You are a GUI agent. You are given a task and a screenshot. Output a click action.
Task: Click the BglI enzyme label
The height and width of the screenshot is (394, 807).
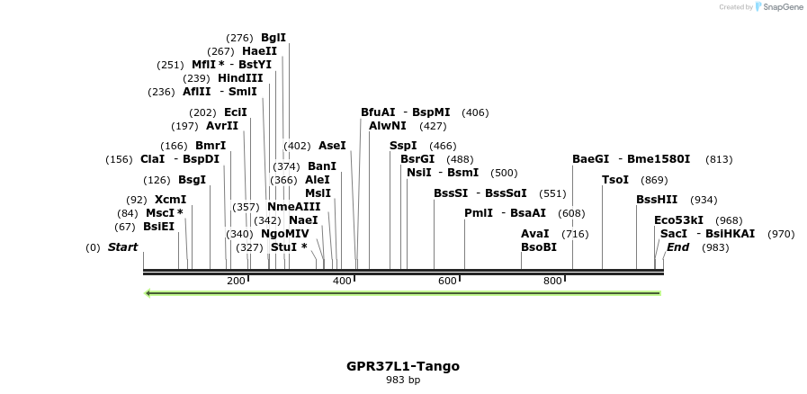click(x=273, y=38)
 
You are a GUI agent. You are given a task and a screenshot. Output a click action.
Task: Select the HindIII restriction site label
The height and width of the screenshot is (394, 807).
click(x=240, y=78)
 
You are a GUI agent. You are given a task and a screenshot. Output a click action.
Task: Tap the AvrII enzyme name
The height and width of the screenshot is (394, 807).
click(x=222, y=126)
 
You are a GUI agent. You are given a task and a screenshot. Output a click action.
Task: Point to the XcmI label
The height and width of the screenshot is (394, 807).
click(x=170, y=200)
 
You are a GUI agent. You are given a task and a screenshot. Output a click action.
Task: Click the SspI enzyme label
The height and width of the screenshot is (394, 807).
click(x=403, y=146)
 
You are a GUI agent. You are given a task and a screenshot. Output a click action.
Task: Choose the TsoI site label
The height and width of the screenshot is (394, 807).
click(x=615, y=180)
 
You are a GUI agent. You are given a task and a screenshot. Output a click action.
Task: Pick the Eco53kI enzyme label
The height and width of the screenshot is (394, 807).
click(x=679, y=220)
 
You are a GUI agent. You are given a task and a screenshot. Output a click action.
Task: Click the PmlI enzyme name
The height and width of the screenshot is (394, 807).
click(x=478, y=213)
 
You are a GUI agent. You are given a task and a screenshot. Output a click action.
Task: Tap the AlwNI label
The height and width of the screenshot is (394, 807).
click(x=388, y=126)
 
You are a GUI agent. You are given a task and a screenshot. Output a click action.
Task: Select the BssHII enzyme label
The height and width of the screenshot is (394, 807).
click(x=657, y=200)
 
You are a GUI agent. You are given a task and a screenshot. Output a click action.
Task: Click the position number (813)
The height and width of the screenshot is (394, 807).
click(x=719, y=159)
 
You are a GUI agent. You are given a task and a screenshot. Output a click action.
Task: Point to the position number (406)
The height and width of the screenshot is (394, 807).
click(x=475, y=112)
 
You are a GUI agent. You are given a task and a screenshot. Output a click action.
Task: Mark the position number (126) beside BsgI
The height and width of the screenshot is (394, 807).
click(x=157, y=180)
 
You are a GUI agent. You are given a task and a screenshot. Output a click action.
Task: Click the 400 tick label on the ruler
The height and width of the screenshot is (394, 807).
click(x=342, y=282)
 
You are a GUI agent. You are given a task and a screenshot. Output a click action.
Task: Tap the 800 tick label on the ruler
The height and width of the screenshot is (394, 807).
click(x=552, y=282)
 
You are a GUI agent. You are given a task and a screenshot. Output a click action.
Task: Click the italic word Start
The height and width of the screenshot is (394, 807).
click(x=123, y=247)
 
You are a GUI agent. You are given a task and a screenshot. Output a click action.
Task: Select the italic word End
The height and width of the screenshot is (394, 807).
click(x=677, y=247)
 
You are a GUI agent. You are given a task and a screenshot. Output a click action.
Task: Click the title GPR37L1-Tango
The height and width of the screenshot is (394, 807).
click(x=403, y=366)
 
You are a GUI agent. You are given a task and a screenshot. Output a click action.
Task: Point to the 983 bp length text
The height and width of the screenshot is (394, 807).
click(x=403, y=381)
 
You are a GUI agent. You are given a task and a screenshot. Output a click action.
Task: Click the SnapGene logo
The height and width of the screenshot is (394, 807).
click(x=779, y=7)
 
